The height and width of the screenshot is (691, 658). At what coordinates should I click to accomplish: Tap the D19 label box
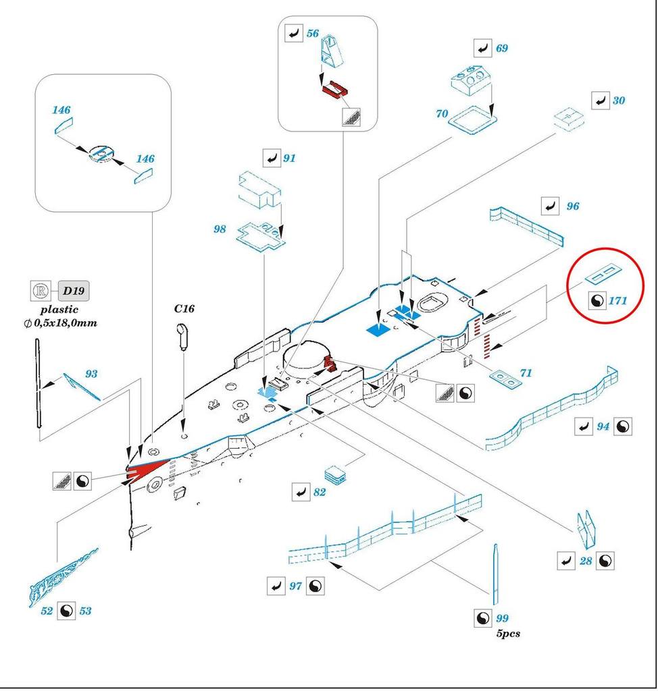tap(74, 291)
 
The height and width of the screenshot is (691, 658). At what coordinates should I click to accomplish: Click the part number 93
tap(91, 373)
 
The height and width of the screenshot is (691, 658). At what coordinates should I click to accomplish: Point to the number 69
tap(501, 49)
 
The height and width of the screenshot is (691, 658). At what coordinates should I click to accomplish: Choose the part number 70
tap(442, 114)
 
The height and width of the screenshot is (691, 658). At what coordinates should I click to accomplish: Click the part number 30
tap(619, 101)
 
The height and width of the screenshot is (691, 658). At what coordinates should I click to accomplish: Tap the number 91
tap(290, 159)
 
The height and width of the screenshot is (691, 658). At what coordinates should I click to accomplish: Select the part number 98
tap(220, 229)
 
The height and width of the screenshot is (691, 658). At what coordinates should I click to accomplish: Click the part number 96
tap(573, 206)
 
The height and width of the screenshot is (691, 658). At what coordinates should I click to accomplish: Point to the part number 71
tap(526, 373)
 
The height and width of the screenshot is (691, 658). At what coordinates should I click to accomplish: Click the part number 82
tap(320, 493)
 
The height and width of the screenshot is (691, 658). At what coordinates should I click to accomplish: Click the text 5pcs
tap(507, 634)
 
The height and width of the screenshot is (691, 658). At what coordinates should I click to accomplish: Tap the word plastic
tap(59, 310)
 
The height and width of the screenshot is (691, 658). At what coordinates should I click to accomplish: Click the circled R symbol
tap(41, 291)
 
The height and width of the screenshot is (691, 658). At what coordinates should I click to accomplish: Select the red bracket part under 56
tap(334, 89)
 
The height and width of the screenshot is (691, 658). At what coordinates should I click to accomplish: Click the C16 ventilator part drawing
tap(182, 335)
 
